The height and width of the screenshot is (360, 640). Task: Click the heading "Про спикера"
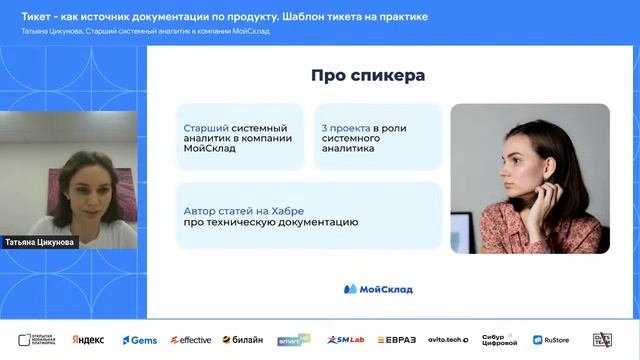coord(367,76)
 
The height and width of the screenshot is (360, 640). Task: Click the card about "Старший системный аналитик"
coord(239,138)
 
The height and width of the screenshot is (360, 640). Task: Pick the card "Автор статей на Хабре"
coord(309,215)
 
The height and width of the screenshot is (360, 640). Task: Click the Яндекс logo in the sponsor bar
coord(88,340)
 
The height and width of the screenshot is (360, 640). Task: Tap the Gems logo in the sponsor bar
coord(140,340)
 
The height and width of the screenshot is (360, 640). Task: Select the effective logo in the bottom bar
coord(190,340)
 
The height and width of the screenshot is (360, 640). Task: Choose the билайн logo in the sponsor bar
coord(242,340)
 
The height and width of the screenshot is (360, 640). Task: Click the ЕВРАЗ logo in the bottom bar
coord(397,340)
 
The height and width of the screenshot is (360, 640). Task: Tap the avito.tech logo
coord(448,340)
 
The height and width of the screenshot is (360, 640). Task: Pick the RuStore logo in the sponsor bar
coord(551,340)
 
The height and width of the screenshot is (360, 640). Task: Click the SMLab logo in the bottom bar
coord(346,340)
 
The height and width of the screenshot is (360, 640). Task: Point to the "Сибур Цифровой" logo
coord(500,340)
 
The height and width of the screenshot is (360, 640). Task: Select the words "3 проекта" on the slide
coord(345,128)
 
